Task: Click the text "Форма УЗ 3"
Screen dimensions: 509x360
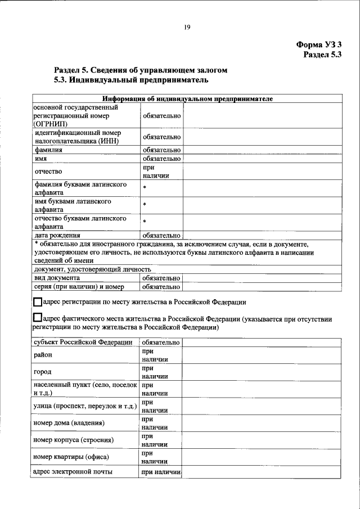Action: click(319, 44)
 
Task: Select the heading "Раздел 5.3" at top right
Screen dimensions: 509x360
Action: click(322, 55)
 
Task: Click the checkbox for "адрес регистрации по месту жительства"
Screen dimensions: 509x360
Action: click(38, 302)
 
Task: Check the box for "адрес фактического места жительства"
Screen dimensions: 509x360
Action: click(38, 319)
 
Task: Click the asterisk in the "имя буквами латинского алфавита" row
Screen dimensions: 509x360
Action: click(145, 205)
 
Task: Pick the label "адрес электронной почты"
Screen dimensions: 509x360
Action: click(73, 472)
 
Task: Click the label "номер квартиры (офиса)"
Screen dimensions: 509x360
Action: click(71, 457)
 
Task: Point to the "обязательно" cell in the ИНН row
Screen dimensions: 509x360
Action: click(161, 137)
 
